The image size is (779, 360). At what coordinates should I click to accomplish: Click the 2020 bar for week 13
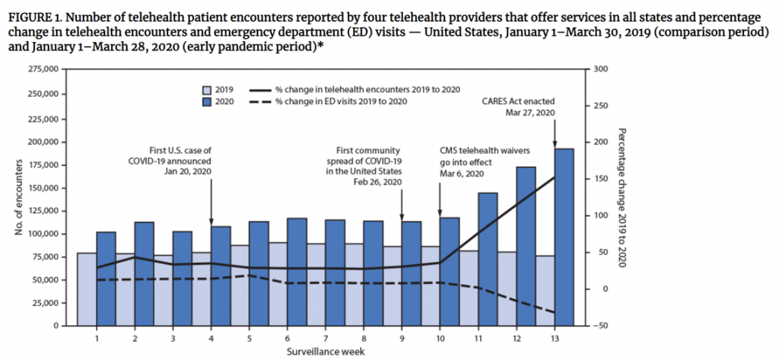point(564,236)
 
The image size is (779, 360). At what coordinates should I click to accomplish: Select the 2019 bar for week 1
point(86,289)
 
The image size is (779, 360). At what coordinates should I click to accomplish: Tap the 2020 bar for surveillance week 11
point(488,259)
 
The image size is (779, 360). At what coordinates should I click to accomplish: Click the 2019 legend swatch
point(206,89)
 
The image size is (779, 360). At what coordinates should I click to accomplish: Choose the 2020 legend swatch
point(206,100)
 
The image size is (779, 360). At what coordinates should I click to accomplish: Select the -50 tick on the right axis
point(598,326)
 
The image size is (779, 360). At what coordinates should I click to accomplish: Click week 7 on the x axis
point(326,337)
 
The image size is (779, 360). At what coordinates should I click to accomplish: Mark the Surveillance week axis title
point(325,352)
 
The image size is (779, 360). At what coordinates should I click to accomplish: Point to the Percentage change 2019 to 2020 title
point(622,197)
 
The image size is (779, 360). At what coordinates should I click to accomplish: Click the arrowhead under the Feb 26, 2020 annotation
point(402,215)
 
